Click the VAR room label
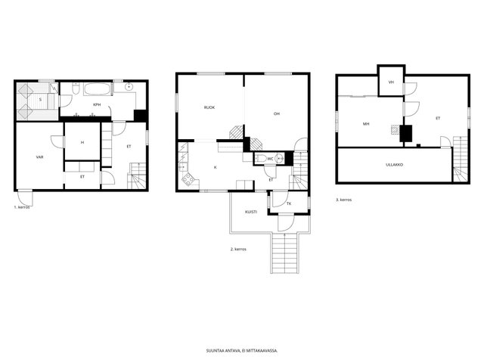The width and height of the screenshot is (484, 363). (39, 157)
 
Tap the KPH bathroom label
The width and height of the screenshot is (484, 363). (97, 104)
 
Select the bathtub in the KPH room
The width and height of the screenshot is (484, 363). (97, 89)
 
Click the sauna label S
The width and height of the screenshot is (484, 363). (40, 100)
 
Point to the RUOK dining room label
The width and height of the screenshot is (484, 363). (209, 107)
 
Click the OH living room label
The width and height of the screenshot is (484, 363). (277, 113)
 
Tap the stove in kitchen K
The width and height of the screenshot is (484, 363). (188, 179)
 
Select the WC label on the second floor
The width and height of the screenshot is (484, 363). (271, 159)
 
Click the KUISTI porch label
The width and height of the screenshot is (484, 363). (251, 212)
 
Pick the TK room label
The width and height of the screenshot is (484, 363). (289, 203)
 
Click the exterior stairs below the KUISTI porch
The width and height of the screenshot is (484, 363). (284, 253)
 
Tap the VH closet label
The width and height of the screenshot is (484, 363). (392, 82)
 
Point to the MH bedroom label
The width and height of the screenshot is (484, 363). (366, 124)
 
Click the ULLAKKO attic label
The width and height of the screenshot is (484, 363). (395, 165)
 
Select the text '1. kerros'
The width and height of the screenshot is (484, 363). (22, 207)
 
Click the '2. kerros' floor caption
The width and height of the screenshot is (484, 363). (238, 249)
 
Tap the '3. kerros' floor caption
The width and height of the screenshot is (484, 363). (344, 200)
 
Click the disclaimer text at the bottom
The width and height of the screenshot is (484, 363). (242, 351)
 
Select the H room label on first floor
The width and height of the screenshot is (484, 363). (82, 142)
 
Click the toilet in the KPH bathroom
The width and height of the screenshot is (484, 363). (76, 88)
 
